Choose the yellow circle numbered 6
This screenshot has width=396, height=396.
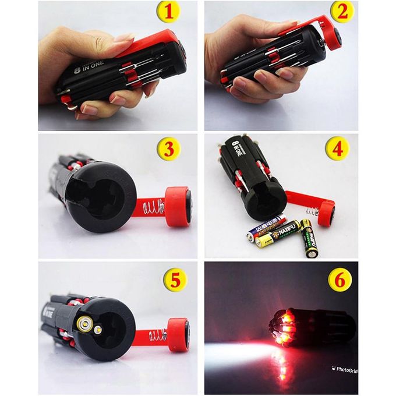point(340,280)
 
